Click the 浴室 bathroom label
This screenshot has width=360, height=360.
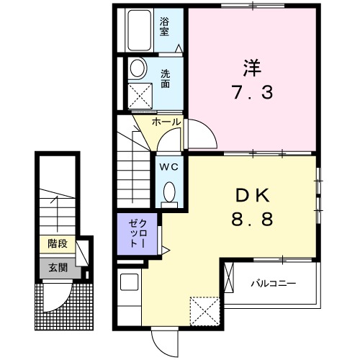click(164, 27)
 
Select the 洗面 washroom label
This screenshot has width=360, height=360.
click(165, 78)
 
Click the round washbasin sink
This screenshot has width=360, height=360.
click(137, 69)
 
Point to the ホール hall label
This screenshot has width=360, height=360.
click(166, 122)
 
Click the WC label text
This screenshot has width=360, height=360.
click(169, 166)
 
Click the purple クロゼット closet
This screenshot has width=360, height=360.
click(134, 233)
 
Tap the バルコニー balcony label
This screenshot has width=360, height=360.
click(273, 283)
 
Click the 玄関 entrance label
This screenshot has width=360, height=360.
click(58, 268)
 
